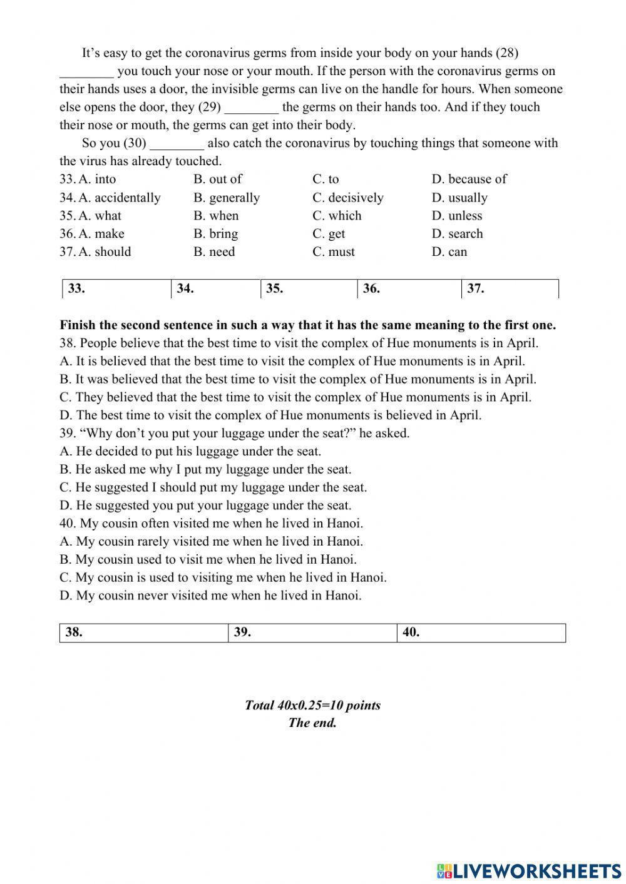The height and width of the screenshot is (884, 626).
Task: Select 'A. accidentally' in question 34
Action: click(119, 198)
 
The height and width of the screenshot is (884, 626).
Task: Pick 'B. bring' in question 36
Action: click(215, 234)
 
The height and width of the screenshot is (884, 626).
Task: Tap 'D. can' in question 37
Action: click(449, 252)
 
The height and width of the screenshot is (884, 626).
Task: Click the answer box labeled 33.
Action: click(117, 289)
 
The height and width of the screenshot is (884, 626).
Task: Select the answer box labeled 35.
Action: click(309, 289)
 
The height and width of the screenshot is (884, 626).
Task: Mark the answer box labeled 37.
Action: click(510, 289)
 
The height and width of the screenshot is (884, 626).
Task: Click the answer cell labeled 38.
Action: click(144, 633)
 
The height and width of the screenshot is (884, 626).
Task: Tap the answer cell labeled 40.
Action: click(481, 633)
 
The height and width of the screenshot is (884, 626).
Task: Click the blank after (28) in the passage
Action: click(86, 72)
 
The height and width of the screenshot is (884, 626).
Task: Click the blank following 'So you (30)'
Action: click(177, 144)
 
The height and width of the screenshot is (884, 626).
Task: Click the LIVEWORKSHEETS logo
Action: click(529, 870)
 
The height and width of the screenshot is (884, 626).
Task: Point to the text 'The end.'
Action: click(312, 723)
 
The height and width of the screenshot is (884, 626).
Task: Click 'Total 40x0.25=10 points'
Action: click(312, 706)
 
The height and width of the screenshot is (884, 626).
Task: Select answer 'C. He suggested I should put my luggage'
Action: click(213, 487)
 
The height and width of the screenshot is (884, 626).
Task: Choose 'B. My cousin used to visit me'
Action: click(208, 559)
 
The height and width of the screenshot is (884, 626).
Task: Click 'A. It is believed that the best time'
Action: click(292, 361)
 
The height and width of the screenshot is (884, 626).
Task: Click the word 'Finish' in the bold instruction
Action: click(77, 325)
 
